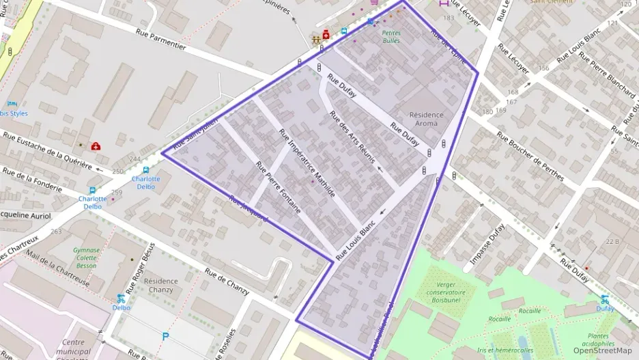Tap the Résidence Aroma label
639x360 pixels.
click(425, 120)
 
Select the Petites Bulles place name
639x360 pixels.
click(391, 36)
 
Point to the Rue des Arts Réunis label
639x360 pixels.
click(352, 137)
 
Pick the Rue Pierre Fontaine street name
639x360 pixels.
click(278, 187)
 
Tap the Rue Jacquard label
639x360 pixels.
click(248, 210)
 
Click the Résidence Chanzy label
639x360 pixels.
click(161, 286)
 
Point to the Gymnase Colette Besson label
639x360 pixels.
click(87, 258)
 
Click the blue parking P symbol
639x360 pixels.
click(165, 336)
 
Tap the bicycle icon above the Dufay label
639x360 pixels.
click(604, 299)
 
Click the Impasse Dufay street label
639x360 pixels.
click(488, 244)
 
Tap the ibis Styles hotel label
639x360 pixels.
click(14, 113)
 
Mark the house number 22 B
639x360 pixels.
click(612, 242)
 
